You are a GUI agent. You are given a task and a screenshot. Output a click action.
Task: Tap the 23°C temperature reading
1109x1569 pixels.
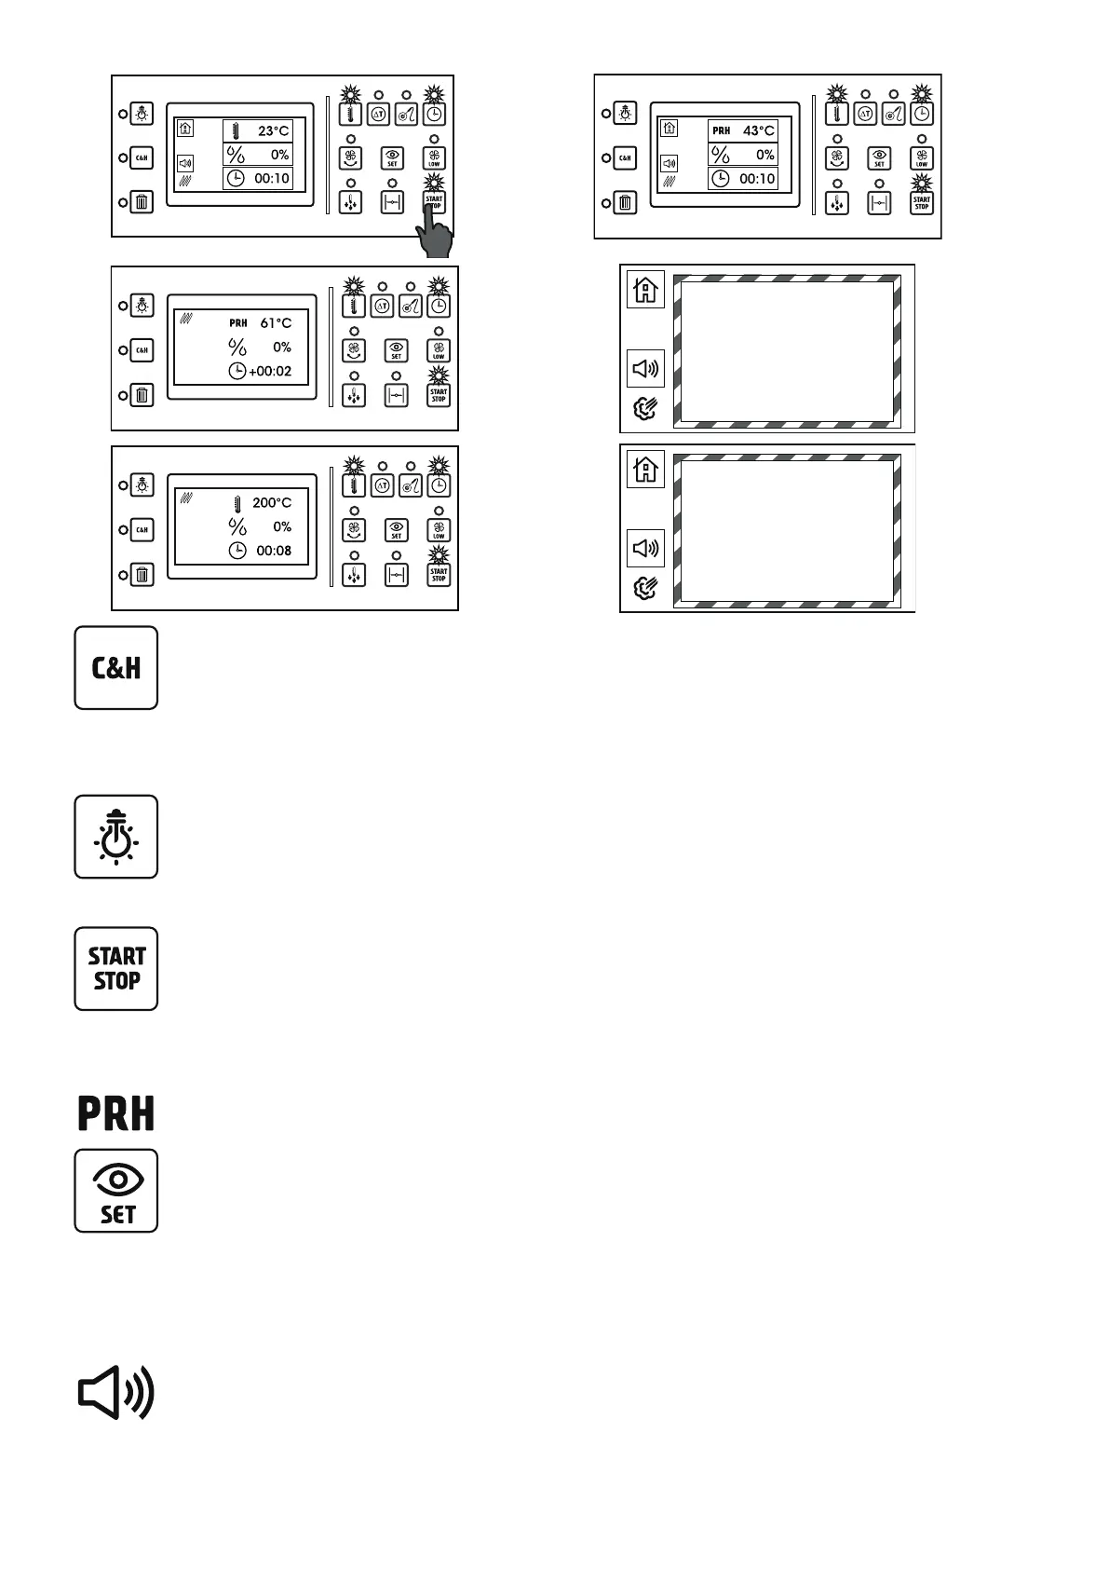[x=273, y=131]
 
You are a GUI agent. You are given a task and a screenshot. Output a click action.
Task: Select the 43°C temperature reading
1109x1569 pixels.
[x=758, y=131]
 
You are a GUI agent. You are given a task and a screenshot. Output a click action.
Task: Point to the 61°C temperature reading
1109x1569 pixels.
[x=276, y=323]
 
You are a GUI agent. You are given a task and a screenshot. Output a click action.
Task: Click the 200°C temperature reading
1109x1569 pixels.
[x=272, y=503]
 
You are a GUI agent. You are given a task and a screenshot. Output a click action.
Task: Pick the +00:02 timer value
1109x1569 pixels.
[x=270, y=371]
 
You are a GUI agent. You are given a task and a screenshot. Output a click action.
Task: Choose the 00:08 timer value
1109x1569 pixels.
[x=274, y=551]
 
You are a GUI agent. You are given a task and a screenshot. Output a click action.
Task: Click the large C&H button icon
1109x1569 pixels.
[x=116, y=668]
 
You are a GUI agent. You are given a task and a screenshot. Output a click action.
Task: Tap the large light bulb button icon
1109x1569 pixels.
[x=116, y=837]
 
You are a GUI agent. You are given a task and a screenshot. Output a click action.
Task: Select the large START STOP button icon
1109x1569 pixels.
[x=116, y=969]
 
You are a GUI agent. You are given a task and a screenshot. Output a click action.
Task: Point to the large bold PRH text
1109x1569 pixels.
[x=116, y=1113]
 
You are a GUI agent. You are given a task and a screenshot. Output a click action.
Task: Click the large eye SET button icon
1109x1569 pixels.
[x=116, y=1191]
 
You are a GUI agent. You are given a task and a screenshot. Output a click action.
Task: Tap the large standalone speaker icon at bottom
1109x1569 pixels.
[x=115, y=1394]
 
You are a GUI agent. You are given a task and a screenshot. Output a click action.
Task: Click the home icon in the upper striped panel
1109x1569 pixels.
[x=645, y=290]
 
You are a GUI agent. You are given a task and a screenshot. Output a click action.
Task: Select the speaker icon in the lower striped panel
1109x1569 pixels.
[x=645, y=548]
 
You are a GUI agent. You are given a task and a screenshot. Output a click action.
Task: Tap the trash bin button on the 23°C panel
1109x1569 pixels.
[x=142, y=202]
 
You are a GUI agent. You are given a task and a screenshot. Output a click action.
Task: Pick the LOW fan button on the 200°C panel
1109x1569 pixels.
[x=439, y=530]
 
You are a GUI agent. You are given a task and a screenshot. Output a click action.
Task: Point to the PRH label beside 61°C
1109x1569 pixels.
[x=238, y=323]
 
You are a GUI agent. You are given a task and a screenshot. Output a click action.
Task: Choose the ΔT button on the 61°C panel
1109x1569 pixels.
[x=382, y=305]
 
